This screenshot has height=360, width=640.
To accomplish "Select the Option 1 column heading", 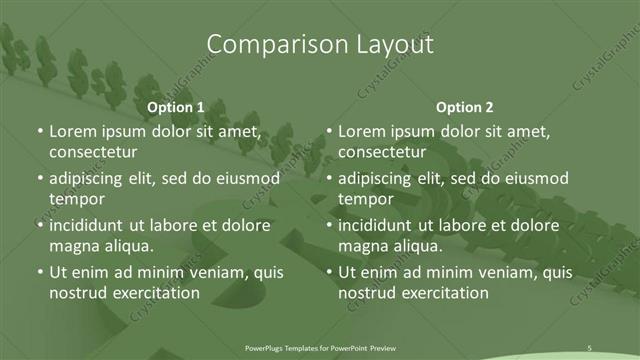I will pos(176,106).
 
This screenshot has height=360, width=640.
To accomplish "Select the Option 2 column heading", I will pos(465,106).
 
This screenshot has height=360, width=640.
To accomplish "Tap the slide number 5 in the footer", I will pos(589,347).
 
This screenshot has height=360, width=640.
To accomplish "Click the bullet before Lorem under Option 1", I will pos(39,132).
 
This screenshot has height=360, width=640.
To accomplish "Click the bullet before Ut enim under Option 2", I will pos(329,272).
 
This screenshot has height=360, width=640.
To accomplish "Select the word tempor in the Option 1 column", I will pos(74,198).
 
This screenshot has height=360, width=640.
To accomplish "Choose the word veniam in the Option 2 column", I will pos(484,273).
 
